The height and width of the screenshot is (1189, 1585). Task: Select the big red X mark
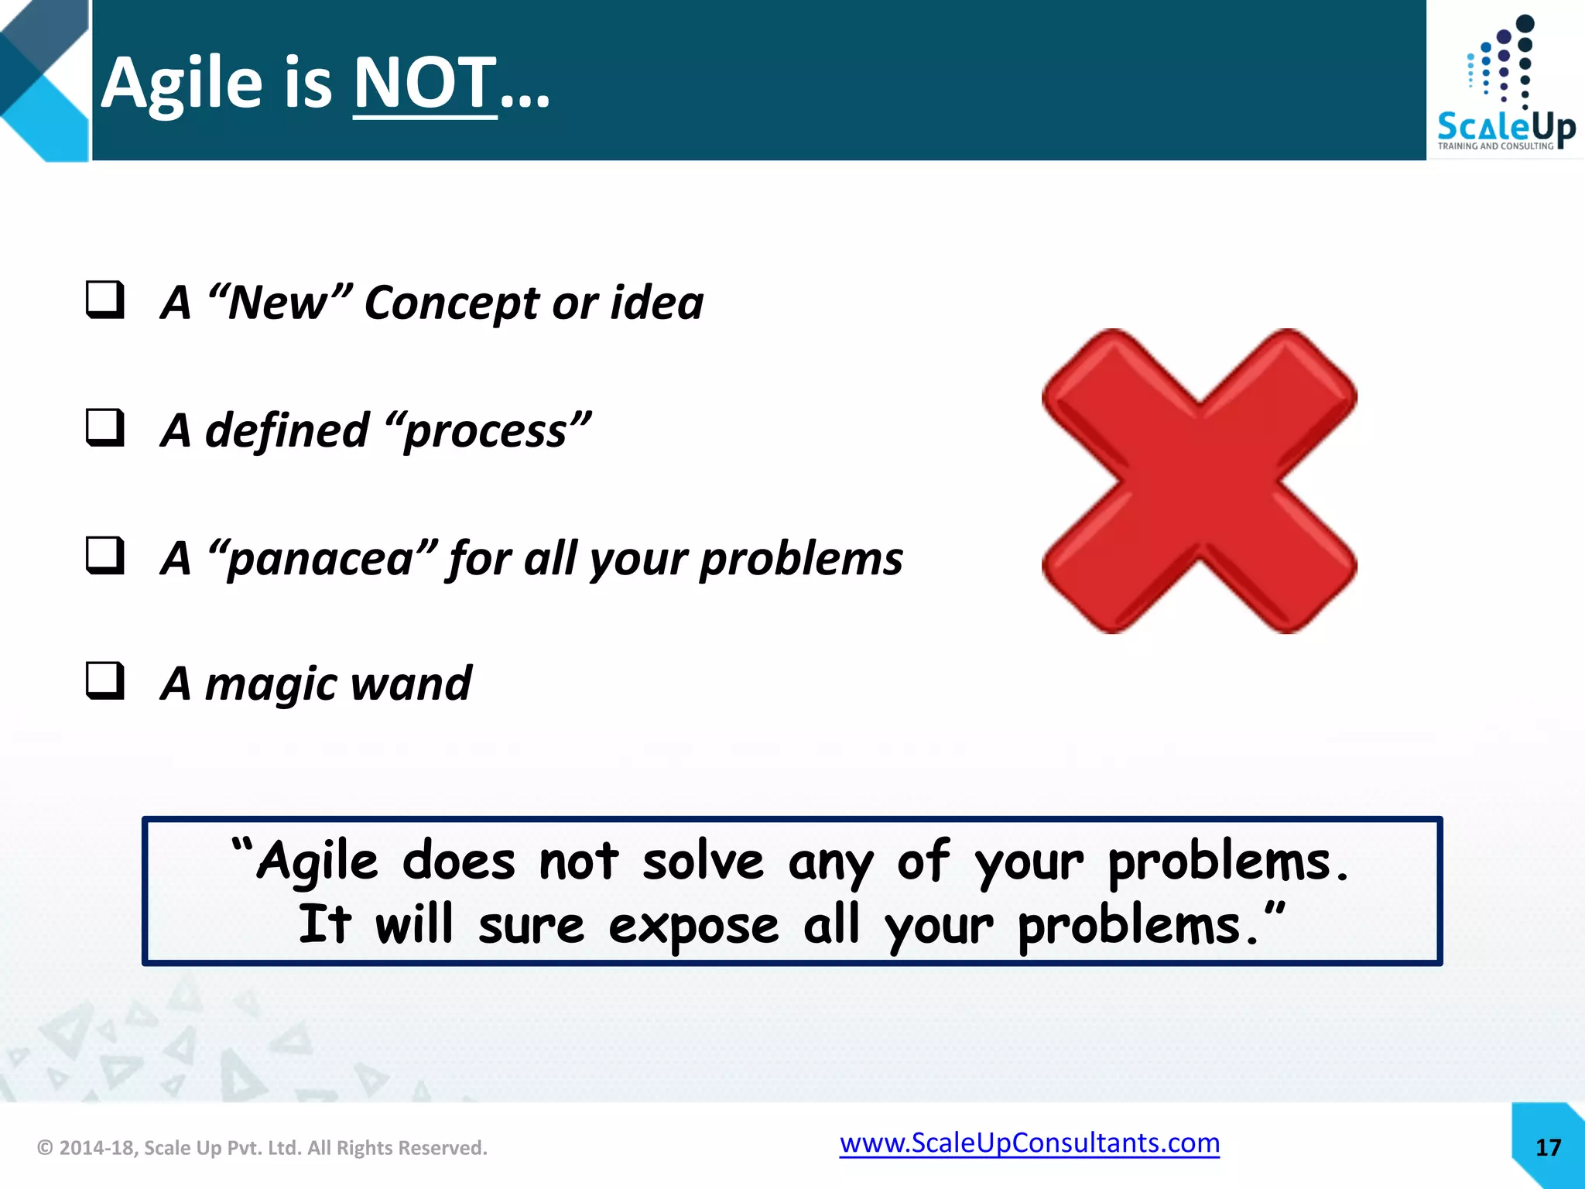pyautogui.click(x=1199, y=481)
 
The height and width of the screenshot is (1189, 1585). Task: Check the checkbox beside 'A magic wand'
pyautogui.click(x=104, y=681)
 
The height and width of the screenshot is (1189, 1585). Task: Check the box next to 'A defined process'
pyautogui.click(x=104, y=428)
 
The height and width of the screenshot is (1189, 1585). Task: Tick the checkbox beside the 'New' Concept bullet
pyautogui.click(x=104, y=300)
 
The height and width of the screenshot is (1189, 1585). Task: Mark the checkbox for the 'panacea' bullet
pyautogui.click(x=104, y=555)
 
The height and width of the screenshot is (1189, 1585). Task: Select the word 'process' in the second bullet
pyautogui.click(x=486, y=431)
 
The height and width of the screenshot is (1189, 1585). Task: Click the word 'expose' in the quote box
pyautogui.click(x=693, y=926)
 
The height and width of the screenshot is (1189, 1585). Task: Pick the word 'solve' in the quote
pyautogui.click(x=703, y=862)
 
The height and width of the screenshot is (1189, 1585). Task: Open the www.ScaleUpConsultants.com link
pyautogui.click(x=1029, y=1143)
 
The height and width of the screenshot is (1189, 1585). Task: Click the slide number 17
pyautogui.click(x=1548, y=1147)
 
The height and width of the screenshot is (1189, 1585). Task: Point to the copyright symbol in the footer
pyautogui.click(x=46, y=1148)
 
